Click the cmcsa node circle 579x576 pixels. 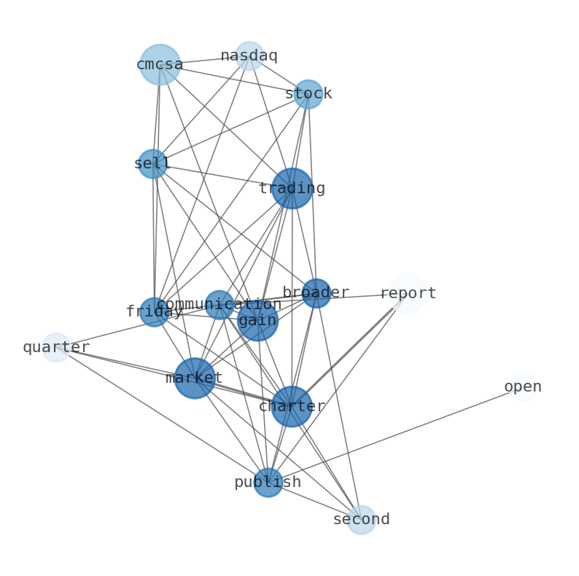(x=160, y=65)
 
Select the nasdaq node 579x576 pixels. (x=249, y=56)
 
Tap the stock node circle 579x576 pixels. (x=308, y=94)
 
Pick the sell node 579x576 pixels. (x=152, y=164)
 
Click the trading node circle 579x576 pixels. (x=292, y=189)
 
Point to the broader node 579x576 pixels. (x=316, y=293)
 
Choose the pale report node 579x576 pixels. (x=408, y=294)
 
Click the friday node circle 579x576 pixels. (x=154, y=312)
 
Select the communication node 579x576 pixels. (x=219, y=305)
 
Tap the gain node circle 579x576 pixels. (x=257, y=321)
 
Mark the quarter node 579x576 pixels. (x=56, y=348)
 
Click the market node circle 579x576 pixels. (x=194, y=378)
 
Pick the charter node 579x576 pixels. (x=292, y=407)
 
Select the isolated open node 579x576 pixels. (x=523, y=387)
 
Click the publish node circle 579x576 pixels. (x=268, y=483)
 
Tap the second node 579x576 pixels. (x=361, y=520)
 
